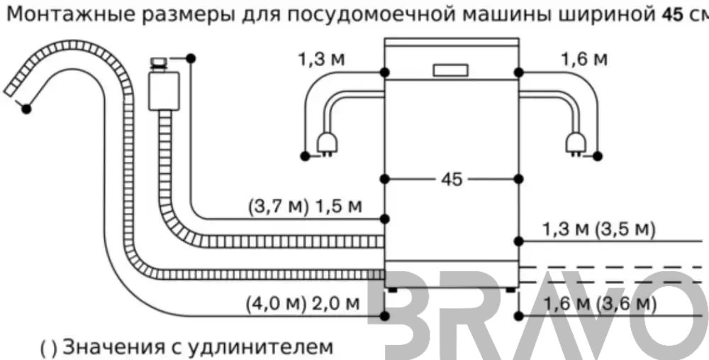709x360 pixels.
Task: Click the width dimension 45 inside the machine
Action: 452,180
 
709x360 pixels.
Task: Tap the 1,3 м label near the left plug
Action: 321,60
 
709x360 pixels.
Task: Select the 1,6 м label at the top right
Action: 584,60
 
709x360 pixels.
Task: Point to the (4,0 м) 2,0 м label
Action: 303,303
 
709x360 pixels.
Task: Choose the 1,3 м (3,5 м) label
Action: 598,230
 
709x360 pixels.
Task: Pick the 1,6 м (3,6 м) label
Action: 598,303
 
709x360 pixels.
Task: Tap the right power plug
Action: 576,144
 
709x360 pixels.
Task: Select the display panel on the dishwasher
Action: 450,70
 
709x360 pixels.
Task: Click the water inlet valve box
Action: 164,90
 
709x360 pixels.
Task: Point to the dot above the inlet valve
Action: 191,58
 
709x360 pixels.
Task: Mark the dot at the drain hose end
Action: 26,109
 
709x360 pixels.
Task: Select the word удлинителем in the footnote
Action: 259,348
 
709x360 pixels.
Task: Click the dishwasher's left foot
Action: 392,290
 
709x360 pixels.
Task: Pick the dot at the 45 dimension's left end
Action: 385,180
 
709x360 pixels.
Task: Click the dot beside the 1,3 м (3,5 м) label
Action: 519,241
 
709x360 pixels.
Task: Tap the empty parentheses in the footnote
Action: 50,348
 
